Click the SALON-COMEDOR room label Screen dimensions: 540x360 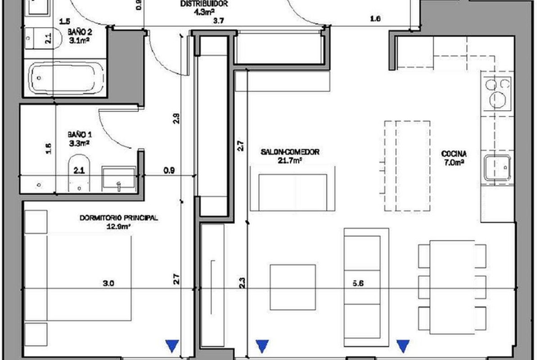pos(290,152)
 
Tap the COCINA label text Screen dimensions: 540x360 pos(454,153)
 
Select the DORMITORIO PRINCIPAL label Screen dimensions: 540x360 pos(119,218)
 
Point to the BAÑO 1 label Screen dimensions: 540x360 pos(80,135)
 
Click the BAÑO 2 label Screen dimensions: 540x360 pos(80,31)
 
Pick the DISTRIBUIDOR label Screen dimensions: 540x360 pos(204,4)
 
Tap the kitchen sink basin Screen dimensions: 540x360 pos(497,168)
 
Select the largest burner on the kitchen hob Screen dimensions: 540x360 pos(497,99)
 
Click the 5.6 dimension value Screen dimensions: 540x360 pos(358,283)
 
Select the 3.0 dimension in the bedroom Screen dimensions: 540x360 pos(108,283)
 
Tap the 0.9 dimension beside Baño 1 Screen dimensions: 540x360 pos(169,171)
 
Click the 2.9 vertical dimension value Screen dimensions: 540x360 pos(176,119)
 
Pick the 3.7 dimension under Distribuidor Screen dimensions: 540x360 pos(218,21)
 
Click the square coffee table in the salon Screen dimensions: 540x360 pos(293,287)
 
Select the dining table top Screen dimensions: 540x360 pos(452,287)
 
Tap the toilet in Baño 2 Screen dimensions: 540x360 pos(43,38)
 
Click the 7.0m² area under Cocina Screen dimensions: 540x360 pos(454,163)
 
